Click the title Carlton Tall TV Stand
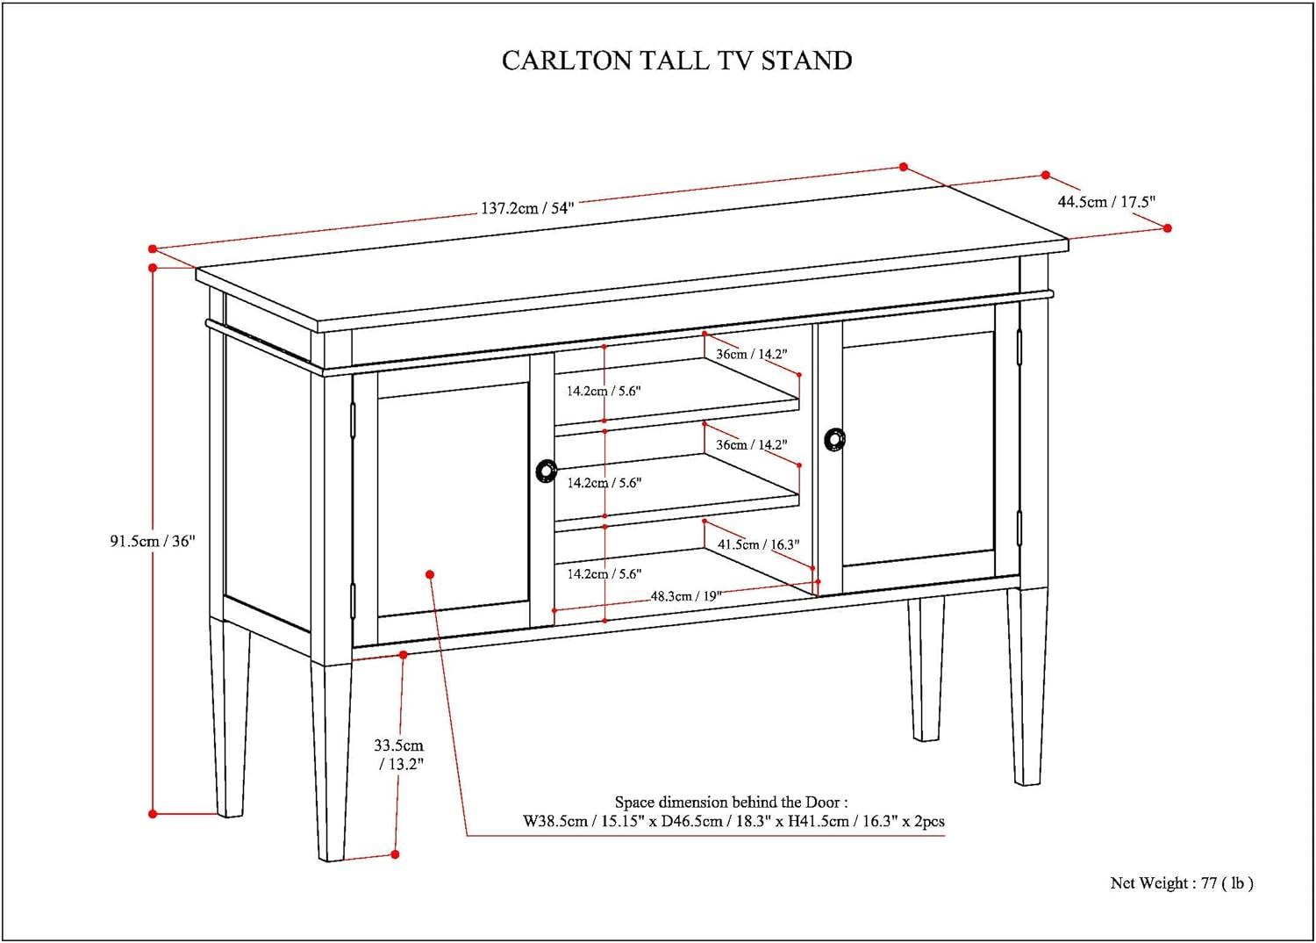tap(676, 60)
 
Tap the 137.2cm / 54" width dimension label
tap(526, 208)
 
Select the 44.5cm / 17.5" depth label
tap(1106, 201)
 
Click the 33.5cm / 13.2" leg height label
tap(399, 754)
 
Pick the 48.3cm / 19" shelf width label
tap(685, 595)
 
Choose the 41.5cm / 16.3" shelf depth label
tap(758, 544)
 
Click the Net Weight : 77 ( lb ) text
tap(1181, 882)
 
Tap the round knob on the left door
tap(546, 471)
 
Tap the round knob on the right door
tap(834, 439)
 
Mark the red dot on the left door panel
tap(430, 574)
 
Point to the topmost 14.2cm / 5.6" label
tap(604, 391)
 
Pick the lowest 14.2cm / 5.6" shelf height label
tap(604, 573)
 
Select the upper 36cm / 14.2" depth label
tap(751, 354)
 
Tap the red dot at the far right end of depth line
tap(1167, 227)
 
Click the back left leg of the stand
tap(230, 720)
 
